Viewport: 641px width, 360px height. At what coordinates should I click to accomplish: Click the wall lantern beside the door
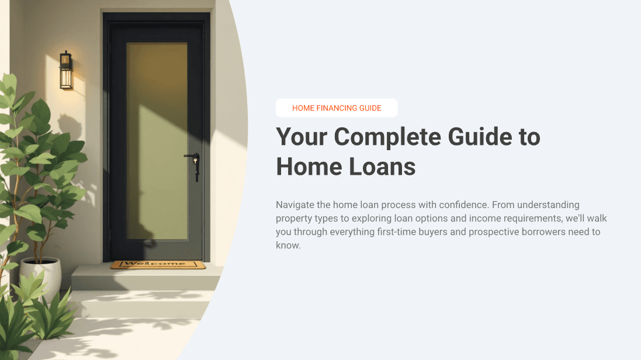click(x=66, y=70)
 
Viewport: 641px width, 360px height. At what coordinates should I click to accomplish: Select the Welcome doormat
click(x=158, y=264)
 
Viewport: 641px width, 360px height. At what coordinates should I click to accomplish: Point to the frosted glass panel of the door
click(x=157, y=140)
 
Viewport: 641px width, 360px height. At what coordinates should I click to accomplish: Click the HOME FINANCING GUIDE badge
click(x=337, y=108)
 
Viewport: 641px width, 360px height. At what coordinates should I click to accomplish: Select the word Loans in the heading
click(x=382, y=167)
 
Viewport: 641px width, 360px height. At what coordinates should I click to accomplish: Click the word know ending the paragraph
click(x=287, y=245)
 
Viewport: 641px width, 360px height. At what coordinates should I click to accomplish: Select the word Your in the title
click(x=302, y=137)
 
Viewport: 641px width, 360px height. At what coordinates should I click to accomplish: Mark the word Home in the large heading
click(x=308, y=167)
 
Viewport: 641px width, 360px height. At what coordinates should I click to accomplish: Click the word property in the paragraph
click(x=294, y=219)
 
